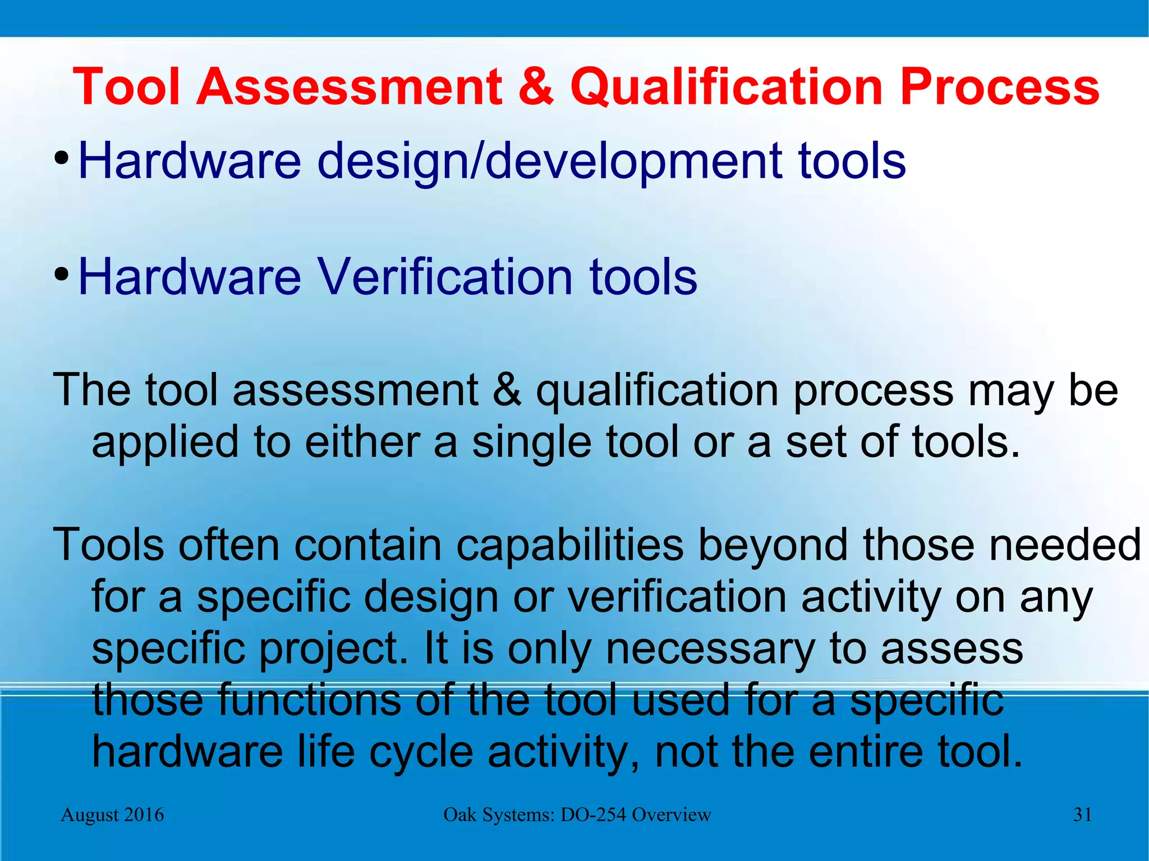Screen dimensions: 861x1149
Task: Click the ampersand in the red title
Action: coord(536,87)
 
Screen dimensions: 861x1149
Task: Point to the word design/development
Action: coord(549,162)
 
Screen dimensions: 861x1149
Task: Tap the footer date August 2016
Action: coord(112,814)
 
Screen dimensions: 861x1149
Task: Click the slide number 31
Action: coord(1082,814)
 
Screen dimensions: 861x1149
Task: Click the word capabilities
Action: coord(570,545)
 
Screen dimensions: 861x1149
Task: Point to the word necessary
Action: coord(710,649)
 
